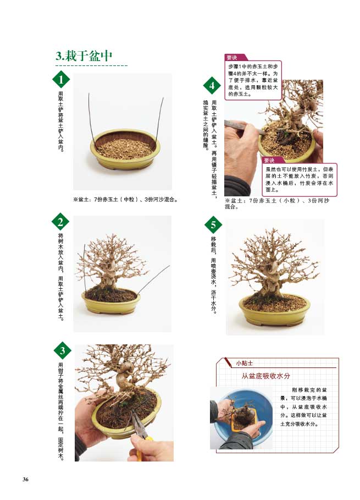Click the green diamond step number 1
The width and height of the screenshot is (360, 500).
tap(60, 80)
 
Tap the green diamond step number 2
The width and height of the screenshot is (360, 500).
tap(60, 222)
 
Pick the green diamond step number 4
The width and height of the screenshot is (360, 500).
tap(212, 85)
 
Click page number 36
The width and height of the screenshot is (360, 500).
tap(25, 480)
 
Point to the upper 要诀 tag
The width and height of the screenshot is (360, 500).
tap(234, 57)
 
